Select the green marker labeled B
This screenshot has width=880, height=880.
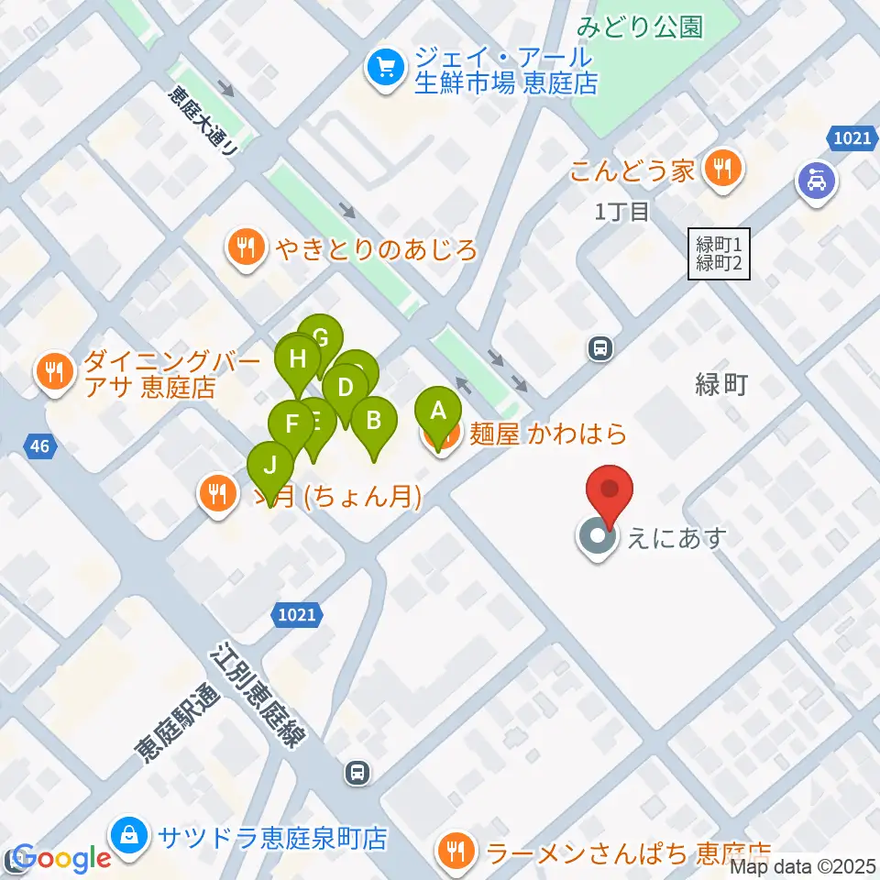pyautogui.click(x=373, y=421)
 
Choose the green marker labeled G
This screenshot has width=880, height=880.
pyautogui.click(x=321, y=338)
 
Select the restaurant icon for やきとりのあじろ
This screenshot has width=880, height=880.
pyautogui.click(x=246, y=247)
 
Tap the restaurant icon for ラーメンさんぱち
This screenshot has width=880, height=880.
pyautogui.click(x=456, y=852)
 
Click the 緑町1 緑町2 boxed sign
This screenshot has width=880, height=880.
pyautogui.click(x=720, y=254)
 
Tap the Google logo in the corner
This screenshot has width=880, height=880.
pyautogui.click(x=62, y=859)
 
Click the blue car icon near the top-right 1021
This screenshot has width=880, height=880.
pyautogui.click(x=815, y=181)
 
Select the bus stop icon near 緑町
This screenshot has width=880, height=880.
pyautogui.click(x=600, y=348)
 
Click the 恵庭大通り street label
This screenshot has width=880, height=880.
pyautogui.click(x=203, y=120)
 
